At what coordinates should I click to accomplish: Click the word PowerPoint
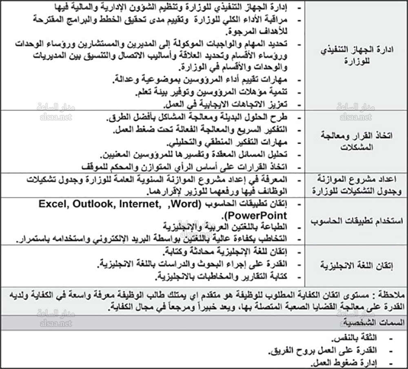coord(256,215)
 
